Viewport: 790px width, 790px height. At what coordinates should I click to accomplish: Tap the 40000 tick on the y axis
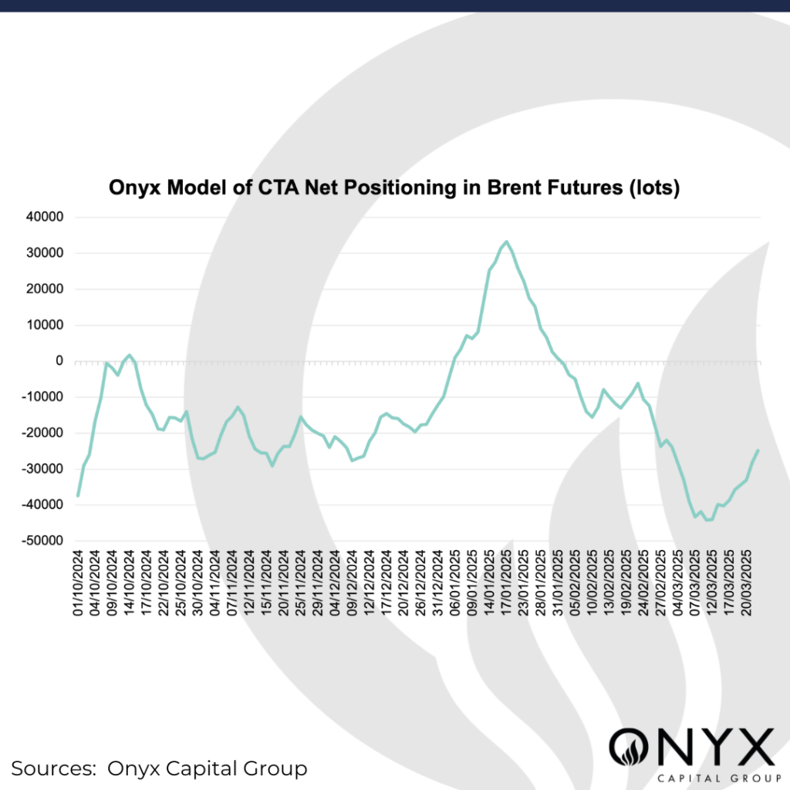(46, 218)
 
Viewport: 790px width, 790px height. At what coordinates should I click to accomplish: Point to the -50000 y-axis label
(44, 541)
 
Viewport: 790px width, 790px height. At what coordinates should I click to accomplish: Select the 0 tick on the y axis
(58, 361)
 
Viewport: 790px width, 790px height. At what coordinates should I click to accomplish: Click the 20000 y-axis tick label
(46, 289)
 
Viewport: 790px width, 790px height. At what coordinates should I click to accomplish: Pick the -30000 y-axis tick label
(44, 469)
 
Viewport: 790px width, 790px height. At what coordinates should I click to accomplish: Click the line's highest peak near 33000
(506, 241)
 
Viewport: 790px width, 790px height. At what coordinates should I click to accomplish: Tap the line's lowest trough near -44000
(708, 520)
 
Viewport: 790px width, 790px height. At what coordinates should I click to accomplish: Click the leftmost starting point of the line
(78, 495)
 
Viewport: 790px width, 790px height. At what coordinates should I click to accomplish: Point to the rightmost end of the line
(758, 451)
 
